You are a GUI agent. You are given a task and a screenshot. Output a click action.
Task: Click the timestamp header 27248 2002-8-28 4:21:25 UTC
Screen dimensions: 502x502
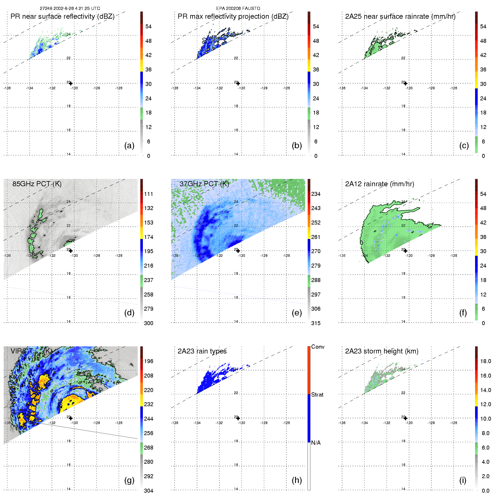tap(70, 9)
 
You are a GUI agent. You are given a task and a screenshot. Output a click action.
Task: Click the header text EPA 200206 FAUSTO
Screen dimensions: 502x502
tap(238, 9)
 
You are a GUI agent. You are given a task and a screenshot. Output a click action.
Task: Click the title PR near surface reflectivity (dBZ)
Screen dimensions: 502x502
tap(62, 16)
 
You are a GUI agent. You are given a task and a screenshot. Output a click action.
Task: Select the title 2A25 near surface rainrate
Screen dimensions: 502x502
tap(400, 16)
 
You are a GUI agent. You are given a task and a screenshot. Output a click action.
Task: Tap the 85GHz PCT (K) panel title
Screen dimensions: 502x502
tap(37, 184)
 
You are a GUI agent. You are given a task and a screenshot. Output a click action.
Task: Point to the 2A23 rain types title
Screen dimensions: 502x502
tap(202, 351)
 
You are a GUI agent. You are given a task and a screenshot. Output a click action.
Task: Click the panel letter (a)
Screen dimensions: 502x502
tap(129, 146)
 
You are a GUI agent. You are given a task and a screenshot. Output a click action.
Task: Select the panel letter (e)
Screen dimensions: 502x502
tap(296, 313)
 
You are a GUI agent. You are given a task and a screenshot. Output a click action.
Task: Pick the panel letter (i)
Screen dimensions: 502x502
tap(463, 480)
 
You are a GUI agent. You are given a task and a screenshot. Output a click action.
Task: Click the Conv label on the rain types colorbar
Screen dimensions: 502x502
tap(318, 347)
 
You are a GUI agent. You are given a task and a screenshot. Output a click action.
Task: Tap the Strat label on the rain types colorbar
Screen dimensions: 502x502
tap(317, 395)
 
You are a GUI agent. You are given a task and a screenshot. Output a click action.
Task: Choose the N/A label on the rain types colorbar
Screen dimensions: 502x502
tap(316, 443)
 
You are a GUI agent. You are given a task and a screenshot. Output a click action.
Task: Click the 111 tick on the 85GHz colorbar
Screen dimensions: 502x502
tap(149, 194)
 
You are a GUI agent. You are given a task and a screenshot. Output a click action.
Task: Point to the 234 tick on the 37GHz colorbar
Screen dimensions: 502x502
tap(316, 194)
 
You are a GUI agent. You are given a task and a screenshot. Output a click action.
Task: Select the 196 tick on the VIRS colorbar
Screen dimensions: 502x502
tap(149, 361)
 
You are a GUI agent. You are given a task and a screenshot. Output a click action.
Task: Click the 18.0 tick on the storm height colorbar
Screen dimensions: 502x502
tap(485, 361)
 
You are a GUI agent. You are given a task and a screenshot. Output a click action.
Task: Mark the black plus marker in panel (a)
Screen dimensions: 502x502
tap(71, 83)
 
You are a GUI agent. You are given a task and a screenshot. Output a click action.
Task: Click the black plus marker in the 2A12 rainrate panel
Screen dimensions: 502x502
tap(405, 251)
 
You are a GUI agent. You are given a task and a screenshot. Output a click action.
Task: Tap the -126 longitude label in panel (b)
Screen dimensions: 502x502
tap(286, 88)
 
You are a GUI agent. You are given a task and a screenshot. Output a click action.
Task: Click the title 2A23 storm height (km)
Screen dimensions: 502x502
tap(382, 351)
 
